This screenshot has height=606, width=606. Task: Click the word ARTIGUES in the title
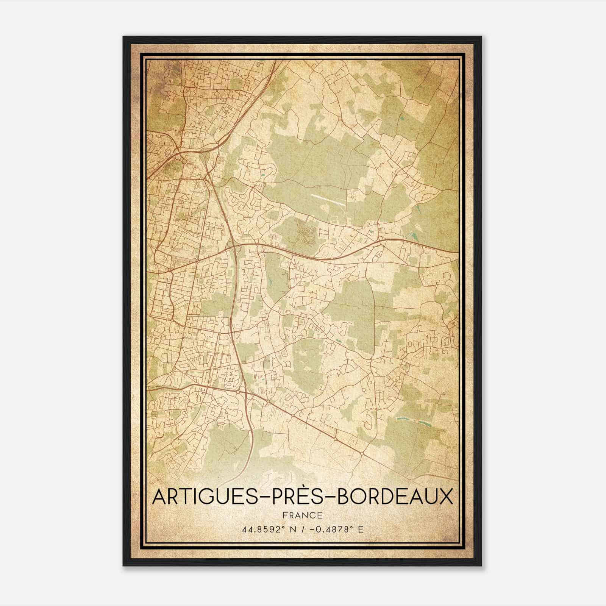pos(202,497)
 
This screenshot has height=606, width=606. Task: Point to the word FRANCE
pos(302,515)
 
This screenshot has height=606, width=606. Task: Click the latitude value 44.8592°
pos(265,529)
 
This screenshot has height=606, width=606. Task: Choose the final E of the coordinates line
pos(361,529)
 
